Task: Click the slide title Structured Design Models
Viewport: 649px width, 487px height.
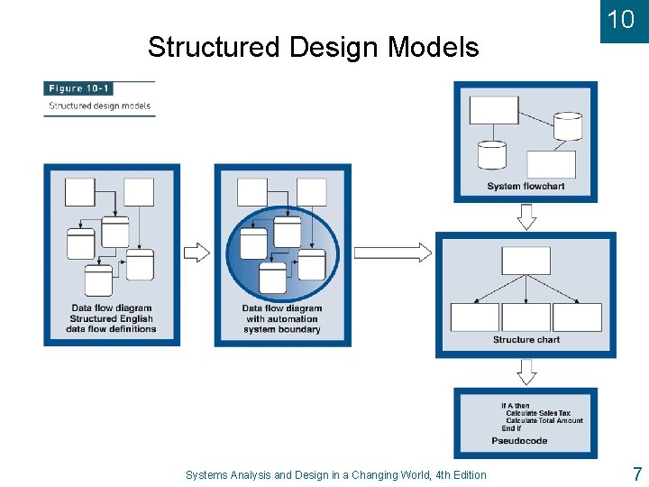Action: click(313, 47)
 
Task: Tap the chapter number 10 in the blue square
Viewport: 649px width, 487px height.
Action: click(620, 20)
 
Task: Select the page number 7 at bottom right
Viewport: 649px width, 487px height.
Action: click(636, 474)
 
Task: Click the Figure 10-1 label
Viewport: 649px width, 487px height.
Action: click(78, 88)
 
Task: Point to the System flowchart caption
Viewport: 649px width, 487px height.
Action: click(526, 187)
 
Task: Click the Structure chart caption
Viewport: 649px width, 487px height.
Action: click(526, 340)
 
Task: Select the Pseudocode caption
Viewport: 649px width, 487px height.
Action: click(519, 441)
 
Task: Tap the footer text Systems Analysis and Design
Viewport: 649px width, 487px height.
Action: click(335, 475)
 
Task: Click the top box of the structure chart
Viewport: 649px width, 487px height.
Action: click(526, 261)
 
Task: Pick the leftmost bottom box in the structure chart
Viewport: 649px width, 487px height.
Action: click(474, 317)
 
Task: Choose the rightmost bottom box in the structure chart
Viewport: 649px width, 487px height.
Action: click(577, 317)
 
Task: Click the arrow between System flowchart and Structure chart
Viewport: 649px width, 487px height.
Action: click(526, 216)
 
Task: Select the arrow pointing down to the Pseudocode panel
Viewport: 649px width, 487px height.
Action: click(526, 372)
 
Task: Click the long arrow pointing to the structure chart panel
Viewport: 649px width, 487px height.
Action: click(393, 253)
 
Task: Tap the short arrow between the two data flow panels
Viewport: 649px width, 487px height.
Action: click(197, 253)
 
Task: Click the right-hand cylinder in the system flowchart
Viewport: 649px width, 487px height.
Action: click(568, 126)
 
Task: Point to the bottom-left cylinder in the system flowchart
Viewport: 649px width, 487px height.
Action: click(492, 155)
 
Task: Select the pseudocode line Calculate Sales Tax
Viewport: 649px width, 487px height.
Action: click(537, 413)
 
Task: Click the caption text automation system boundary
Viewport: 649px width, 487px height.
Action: click(281, 324)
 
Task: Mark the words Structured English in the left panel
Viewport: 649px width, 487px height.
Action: click(111, 318)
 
